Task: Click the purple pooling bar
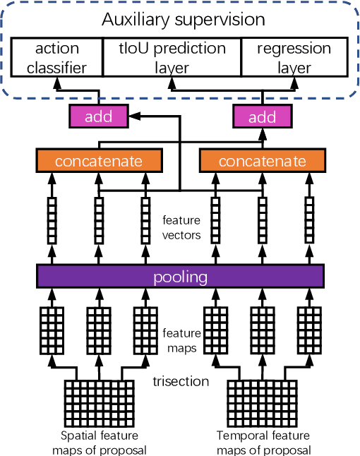pos(180,276)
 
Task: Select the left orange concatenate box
pos(98,161)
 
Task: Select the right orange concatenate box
pos(262,161)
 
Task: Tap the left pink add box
pos(98,116)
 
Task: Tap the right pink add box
pos(262,116)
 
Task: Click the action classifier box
pos(56,59)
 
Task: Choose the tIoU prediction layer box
pos(172,59)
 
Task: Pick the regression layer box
pos(294,59)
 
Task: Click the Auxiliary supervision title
pos(183,20)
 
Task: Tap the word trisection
pos(181,382)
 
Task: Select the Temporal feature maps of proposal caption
pos(263,442)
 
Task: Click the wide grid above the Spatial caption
pos(98,400)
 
